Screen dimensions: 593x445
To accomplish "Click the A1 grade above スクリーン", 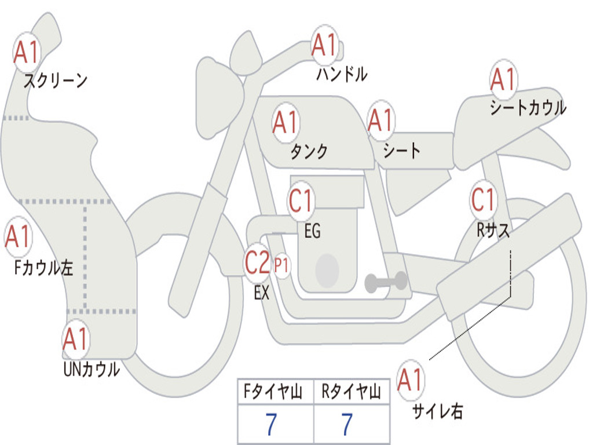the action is tap(27, 53).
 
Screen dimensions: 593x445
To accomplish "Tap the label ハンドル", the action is tap(342, 74).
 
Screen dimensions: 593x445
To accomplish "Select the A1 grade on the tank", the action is tap(285, 122).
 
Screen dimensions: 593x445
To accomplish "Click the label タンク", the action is tap(309, 151).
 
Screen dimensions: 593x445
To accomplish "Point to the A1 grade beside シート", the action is tap(381, 121).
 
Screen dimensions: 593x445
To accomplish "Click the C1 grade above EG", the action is tap(301, 201).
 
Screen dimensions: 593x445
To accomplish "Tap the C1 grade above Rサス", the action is tap(483, 200).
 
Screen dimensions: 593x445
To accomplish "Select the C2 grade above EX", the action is tap(258, 263).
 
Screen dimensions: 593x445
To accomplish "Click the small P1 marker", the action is tap(282, 265).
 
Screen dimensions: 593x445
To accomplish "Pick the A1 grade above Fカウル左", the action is tap(17, 236).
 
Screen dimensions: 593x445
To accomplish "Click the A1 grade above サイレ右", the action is tap(411, 380).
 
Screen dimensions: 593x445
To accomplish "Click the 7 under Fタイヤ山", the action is tap(271, 425).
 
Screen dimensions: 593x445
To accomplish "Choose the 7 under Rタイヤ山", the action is tap(347, 425).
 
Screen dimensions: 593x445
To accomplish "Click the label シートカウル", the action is tap(528, 108).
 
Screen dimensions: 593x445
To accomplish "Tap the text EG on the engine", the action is tap(312, 232).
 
